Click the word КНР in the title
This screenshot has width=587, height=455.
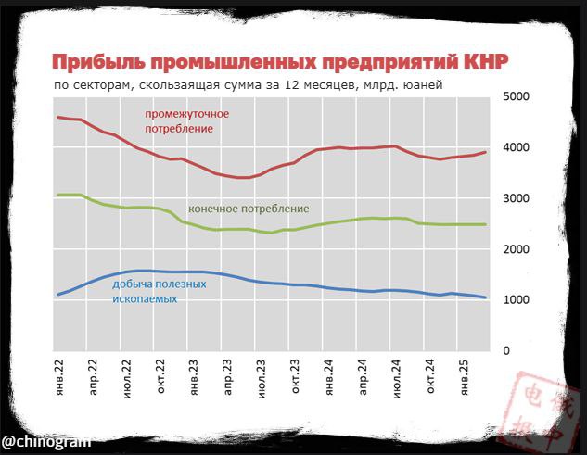(x=485, y=63)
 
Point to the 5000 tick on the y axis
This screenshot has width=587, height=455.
(x=515, y=96)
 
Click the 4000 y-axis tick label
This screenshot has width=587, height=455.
(x=515, y=147)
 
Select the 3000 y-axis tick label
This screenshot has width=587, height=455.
(x=515, y=198)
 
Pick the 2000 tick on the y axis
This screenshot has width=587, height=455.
(x=515, y=249)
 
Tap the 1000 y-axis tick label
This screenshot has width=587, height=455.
(x=515, y=300)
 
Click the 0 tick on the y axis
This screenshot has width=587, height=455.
(x=506, y=351)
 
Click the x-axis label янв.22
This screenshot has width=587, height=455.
(x=60, y=378)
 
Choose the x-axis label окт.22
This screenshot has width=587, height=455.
(x=160, y=378)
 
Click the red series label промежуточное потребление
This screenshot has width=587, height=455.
(x=185, y=120)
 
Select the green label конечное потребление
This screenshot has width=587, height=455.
(x=249, y=209)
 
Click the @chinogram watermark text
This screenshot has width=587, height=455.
(x=45, y=440)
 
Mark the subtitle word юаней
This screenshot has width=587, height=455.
(x=423, y=85)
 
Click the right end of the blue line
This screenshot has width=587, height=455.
(x=486, y=297)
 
